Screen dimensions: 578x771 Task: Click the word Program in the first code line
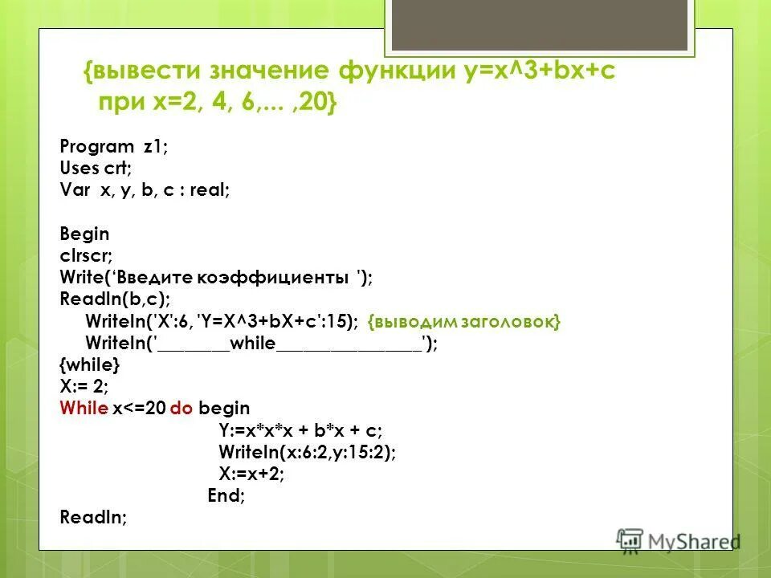coord(86,147)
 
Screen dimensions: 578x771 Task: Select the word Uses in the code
coord(77,169)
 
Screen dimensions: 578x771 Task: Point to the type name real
coord(211,191)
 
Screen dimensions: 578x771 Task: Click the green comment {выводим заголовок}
coord(464,321)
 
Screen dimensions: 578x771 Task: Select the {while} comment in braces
coord(90,364)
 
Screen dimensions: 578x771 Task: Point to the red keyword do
coord(181,408)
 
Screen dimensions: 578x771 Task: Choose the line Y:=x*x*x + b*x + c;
coord(301,429)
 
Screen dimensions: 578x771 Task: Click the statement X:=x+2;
coord(251,474)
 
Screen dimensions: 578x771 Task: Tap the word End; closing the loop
coord(226,495)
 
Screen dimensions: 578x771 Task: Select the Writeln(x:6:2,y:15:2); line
coord(307,452)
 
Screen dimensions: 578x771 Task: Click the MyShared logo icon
coord(630,539)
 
